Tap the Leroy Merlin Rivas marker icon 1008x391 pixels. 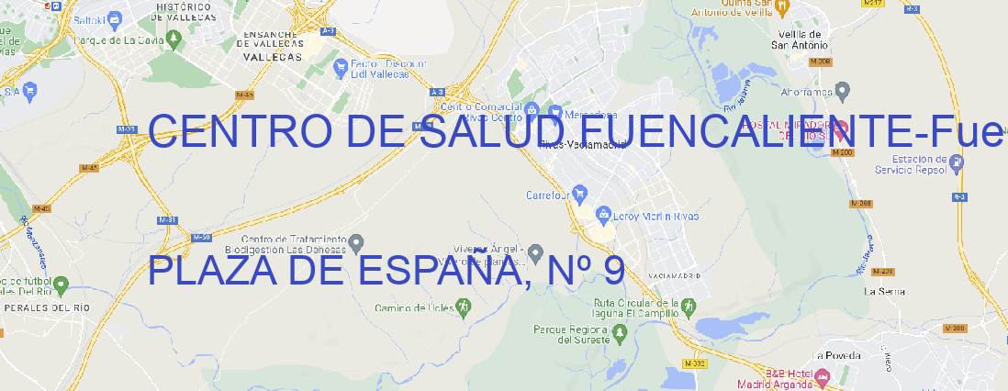tap(603, 216)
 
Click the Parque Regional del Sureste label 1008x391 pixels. tap(571, 334)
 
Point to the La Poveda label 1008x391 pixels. tap(836, 355)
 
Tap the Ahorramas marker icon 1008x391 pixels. tap(843, 91)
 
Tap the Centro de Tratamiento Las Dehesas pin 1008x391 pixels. tap(357, 243)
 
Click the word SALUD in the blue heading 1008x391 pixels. tap(490, 132)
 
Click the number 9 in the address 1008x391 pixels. tap(614, 271)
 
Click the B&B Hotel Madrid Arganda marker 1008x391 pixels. tap(822, 376)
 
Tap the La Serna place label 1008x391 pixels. tap(885, 291)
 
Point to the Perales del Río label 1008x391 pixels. tap(46, 307)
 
